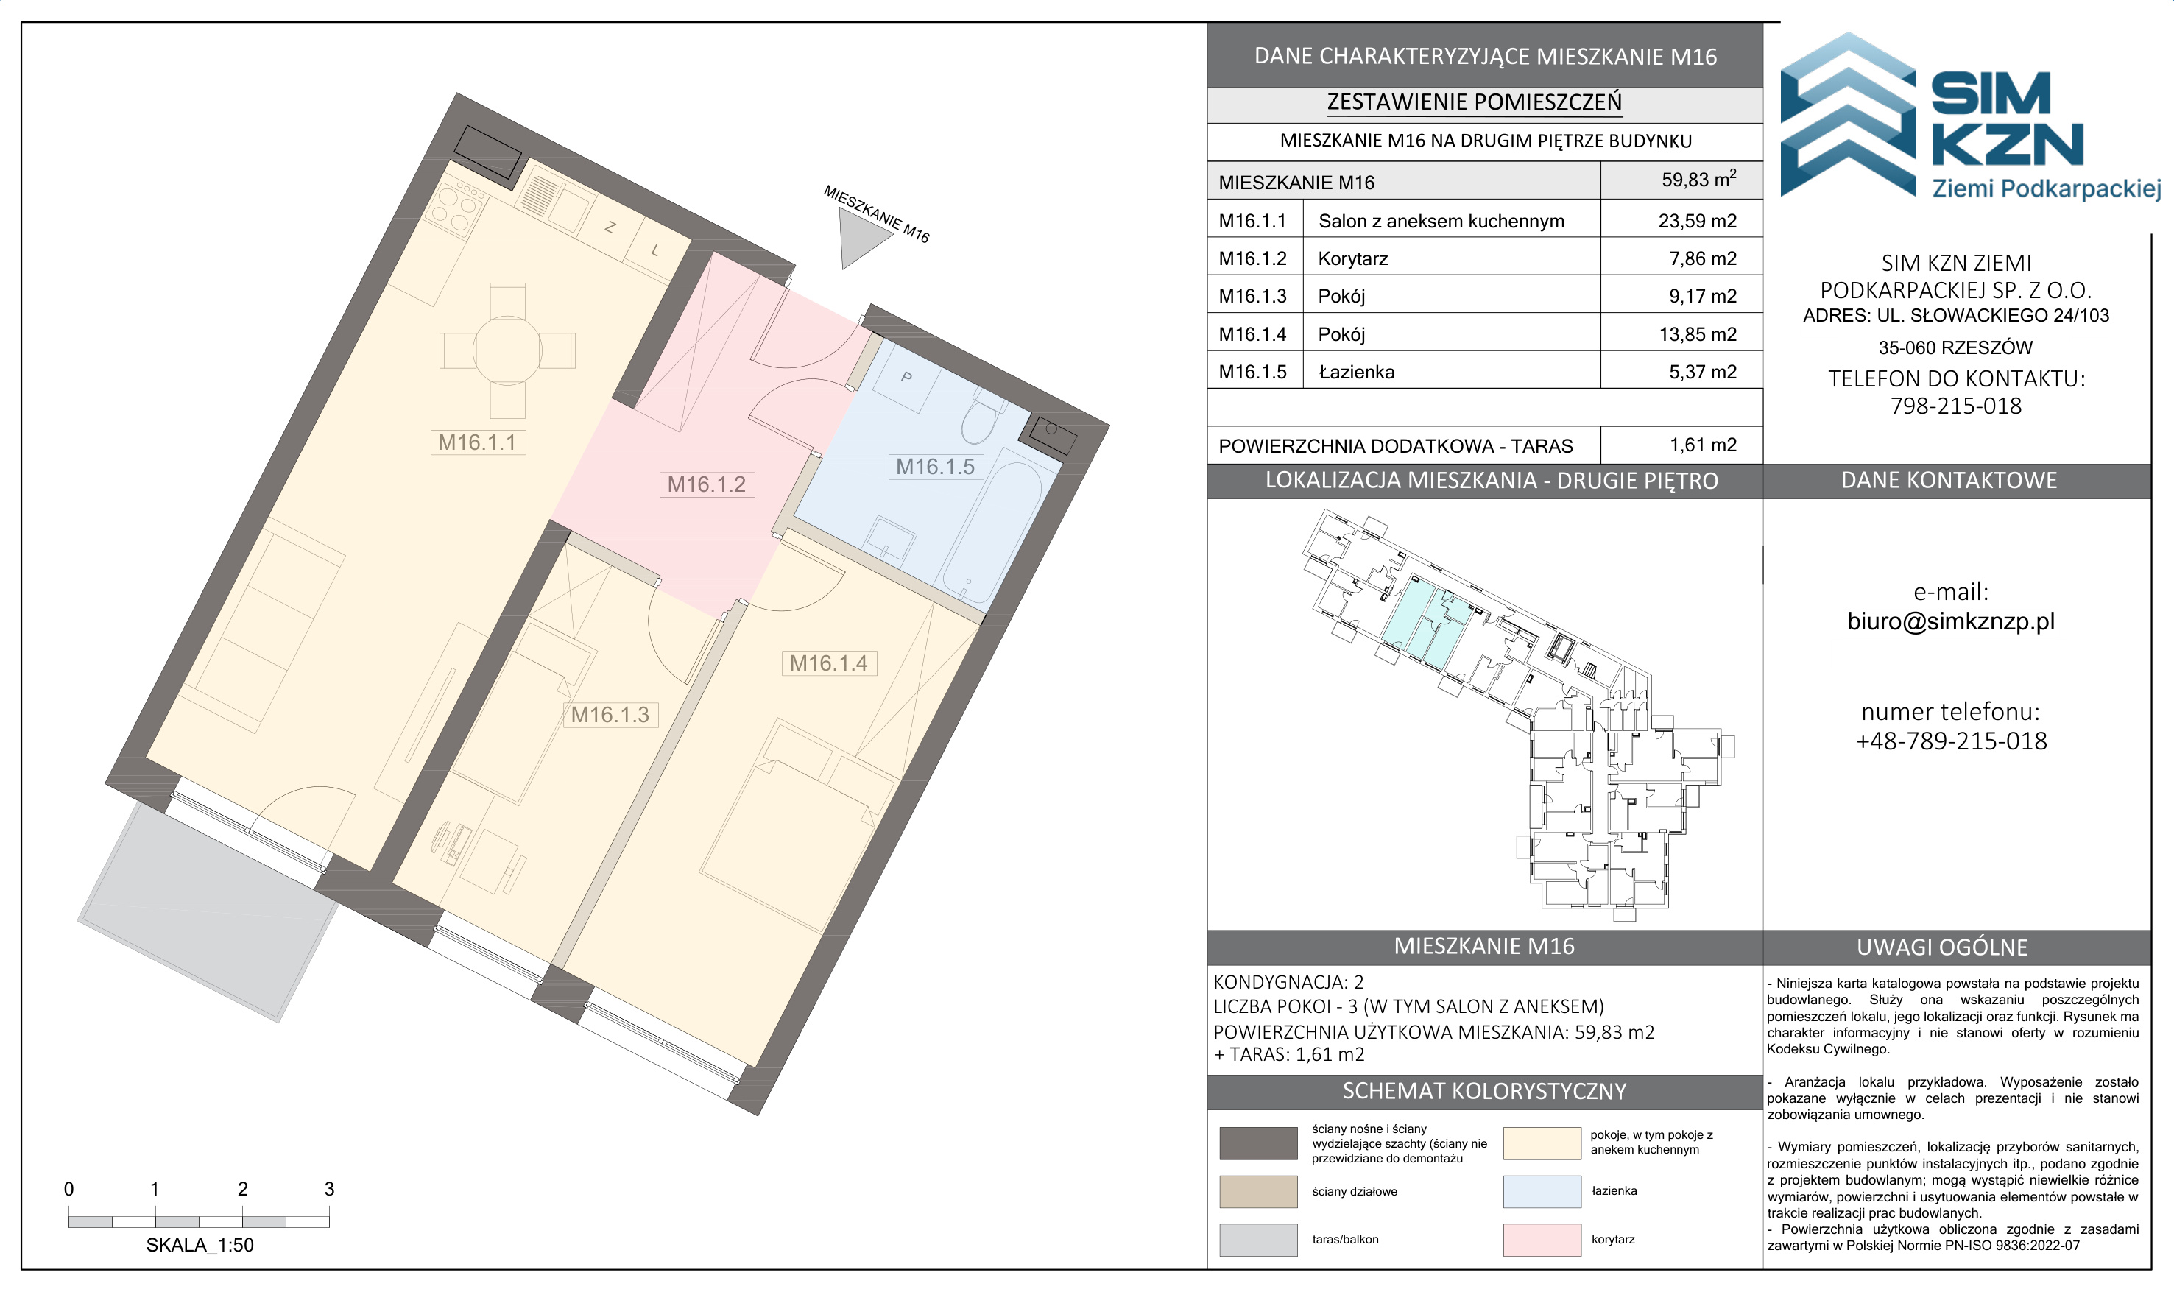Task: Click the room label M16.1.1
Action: tap(477, 442)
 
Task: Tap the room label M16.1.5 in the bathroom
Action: tap(935, 467)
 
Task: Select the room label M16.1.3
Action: tap(610, 715)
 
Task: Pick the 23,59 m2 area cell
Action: tap(1697, 221)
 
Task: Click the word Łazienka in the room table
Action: tap(1357, 373)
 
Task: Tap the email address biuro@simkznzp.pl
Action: tap(1950, 621)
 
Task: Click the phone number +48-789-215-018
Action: tap(1951, 741)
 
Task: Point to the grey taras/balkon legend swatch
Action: tap(1258, 1240)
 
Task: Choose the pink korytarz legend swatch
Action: tap(1542, 1240)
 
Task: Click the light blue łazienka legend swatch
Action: tap(1542, 1191)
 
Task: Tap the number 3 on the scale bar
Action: tap(329, 1188)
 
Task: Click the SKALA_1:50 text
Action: tap(200, 1245)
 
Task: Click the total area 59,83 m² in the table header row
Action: tap(1698, 180)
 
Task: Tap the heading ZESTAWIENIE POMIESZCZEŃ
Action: tap(1474, 102)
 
